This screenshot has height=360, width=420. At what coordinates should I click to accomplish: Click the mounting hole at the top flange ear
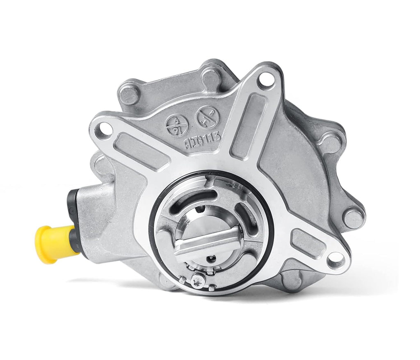point(267,79)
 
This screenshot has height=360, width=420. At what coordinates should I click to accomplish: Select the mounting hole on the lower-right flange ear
point(336,258)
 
